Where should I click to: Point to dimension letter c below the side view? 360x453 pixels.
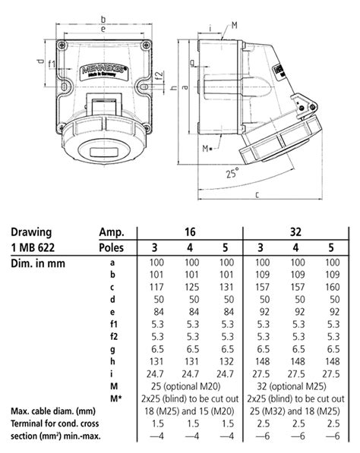point(257,195)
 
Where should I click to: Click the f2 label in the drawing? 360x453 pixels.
point(158,76)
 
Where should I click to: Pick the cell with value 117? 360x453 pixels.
point(154,288)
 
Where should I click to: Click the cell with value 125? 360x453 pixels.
point(190,288)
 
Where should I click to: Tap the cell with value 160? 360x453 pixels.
point(331,288)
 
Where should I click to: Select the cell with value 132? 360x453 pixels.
point(226,361)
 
